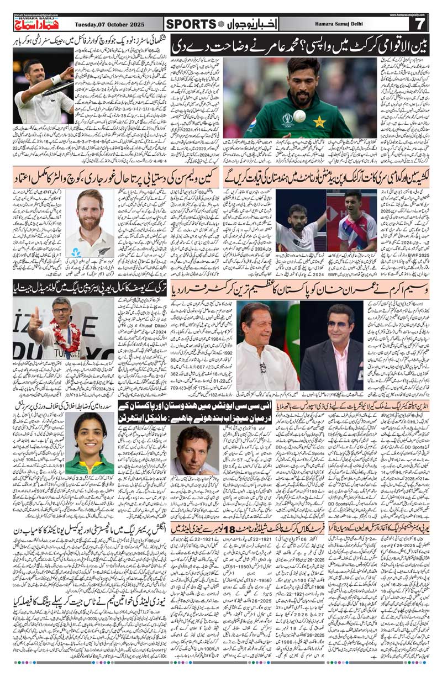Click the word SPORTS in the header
[x=191, y=24]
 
